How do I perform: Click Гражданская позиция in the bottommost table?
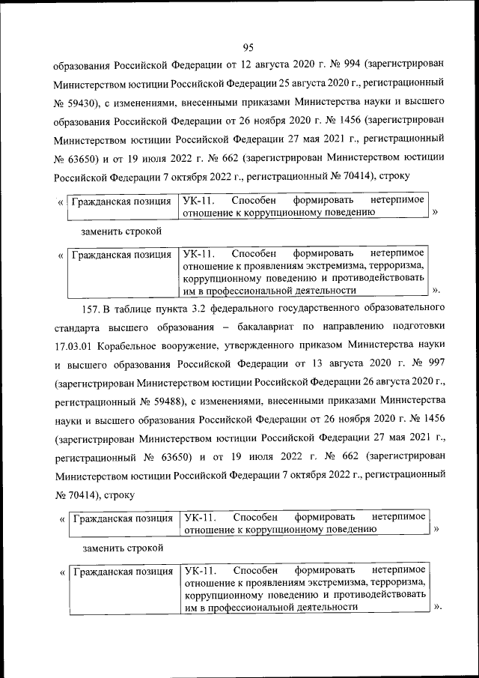(x=123, y=572)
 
